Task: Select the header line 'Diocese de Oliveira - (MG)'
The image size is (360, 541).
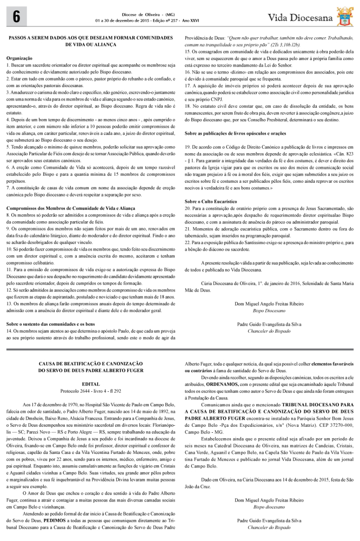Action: click(136, 14)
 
